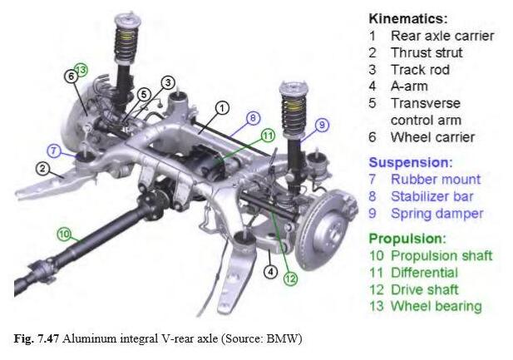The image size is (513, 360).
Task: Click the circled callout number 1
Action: (x=222, y=108)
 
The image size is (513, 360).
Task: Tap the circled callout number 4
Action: (x=270, y=271)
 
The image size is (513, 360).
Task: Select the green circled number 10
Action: (x=65, y=234)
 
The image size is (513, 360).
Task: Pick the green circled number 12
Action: (x=290, y=279)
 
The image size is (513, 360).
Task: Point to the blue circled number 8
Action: (x=253, y=118)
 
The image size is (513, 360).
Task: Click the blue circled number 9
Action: (x=322, y=125)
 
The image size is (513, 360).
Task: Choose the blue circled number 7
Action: (x=54, y=150)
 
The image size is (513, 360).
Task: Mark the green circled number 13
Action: (x=81, y=69)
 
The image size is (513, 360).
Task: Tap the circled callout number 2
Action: (x=42, y=169)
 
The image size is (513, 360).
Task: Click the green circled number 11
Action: (x=268, y=136)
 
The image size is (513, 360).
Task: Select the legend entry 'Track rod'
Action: (x=420, y=70)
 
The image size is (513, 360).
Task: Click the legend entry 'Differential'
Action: (x=424, y=273)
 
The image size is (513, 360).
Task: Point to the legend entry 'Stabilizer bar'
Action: (x=432, y=196)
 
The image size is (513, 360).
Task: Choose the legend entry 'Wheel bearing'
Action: (x=437, y=306)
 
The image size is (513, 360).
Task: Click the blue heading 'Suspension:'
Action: (x=411, y=163)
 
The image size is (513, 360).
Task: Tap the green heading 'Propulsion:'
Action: (x=407, y=239)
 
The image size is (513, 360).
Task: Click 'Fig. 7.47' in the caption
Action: (x=36, y=338)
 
